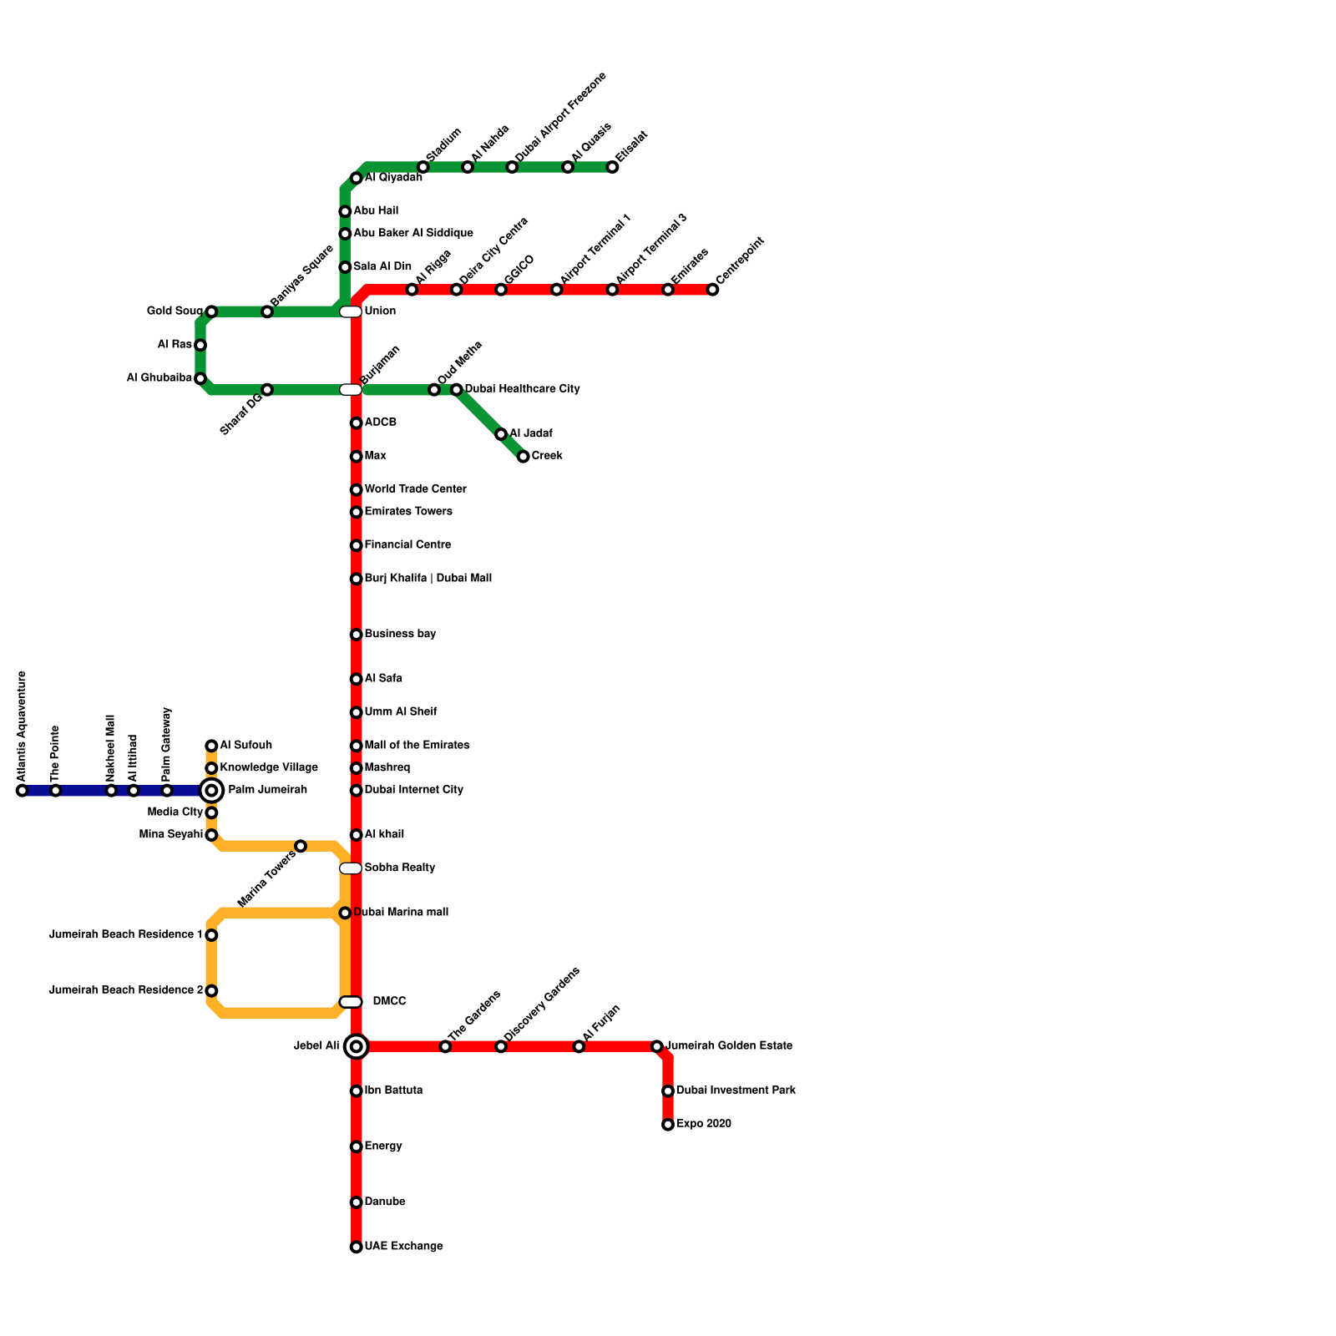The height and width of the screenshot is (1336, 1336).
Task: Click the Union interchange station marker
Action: (351, 311)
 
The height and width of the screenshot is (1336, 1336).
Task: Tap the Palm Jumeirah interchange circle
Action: (211, 790)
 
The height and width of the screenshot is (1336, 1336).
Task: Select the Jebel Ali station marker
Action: (357, 1046)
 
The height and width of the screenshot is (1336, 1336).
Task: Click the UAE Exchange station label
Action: (403, 1247)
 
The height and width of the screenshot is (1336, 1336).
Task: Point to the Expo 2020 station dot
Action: (668, 1125)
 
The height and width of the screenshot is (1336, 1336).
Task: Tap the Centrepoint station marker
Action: (712, 290)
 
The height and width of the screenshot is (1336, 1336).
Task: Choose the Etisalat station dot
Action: (613, 167)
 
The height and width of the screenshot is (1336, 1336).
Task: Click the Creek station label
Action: (547, 456)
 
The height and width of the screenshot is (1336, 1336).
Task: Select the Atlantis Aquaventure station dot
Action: (22, 791)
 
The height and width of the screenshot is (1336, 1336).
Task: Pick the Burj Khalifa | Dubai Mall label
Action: (428, 578)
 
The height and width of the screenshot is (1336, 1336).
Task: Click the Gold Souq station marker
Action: (211, 311)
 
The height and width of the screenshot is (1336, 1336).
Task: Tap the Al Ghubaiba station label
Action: (159, 378)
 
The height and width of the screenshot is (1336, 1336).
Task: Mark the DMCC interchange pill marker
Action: (351, 1002)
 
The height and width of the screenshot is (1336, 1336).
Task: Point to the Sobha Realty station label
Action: (399, 868)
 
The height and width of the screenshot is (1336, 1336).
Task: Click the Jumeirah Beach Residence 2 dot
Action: (211, 991)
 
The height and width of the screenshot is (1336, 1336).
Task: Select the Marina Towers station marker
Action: (301, 847)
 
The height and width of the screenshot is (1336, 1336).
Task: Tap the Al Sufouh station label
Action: (245, 745)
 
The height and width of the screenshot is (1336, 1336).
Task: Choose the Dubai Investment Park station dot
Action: (668, 1091)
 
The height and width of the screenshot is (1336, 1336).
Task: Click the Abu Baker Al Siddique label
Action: (412, 233)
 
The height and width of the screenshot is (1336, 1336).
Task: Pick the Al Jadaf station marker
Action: (501, 434)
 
